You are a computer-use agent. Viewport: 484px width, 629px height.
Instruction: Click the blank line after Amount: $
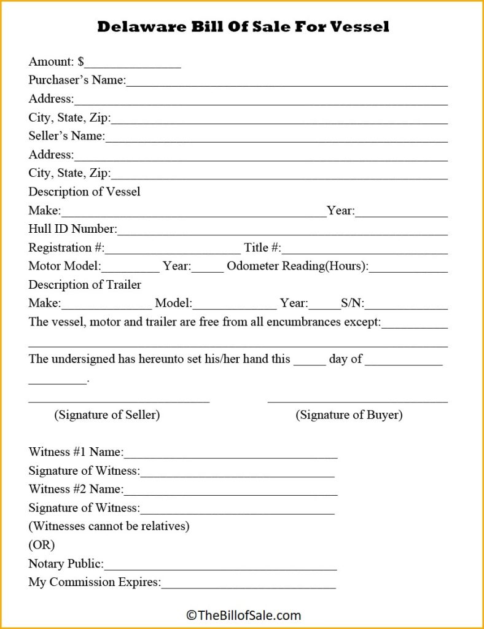(133, 63)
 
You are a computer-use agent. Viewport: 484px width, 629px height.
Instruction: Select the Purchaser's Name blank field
(287, 82)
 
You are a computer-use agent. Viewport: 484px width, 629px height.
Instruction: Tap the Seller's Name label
(66, 136)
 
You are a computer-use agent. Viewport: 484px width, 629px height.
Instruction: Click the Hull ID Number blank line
(282, 230)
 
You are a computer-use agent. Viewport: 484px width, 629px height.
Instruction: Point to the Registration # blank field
(173, 249)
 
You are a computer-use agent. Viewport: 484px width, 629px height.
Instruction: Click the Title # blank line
(364, 249)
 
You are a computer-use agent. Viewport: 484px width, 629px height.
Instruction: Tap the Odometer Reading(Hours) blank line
(408, 268)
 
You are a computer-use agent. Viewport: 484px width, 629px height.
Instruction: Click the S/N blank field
(407, 305)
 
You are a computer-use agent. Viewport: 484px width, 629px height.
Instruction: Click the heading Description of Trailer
(85, 285)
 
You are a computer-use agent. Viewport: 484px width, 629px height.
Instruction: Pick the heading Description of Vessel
(84, 192)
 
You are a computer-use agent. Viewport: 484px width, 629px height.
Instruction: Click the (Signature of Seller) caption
(107, 415)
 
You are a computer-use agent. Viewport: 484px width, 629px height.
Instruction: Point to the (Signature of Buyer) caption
(349, 415)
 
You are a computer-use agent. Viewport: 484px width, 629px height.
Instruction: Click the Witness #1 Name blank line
(230, 454)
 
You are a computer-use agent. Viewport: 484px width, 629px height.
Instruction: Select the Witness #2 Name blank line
(230, 491)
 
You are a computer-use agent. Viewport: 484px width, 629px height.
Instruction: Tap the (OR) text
(42, 545)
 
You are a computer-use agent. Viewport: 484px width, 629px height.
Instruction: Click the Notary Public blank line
(221, 565)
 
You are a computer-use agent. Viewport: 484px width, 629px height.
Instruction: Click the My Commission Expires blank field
(248, 584)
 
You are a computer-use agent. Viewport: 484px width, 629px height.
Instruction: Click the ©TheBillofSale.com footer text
(243, 614)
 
